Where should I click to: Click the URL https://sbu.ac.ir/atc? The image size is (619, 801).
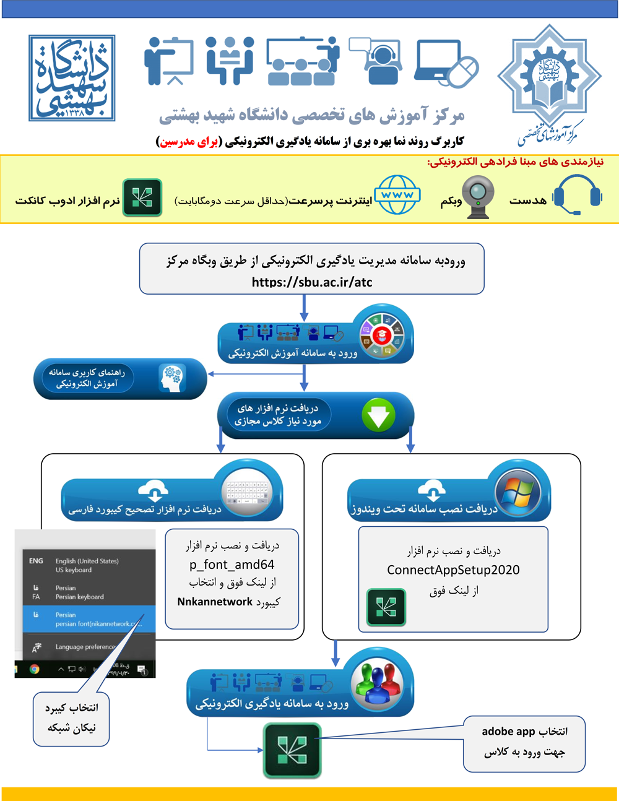click(312, 282)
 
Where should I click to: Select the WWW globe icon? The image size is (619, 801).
click(397, 194)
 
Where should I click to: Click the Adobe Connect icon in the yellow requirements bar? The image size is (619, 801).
click(142, 198)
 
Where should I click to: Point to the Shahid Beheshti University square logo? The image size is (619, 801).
click(72, 78)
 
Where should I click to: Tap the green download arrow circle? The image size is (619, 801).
click(378, 415)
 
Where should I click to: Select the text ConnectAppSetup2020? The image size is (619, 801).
click(453, 570)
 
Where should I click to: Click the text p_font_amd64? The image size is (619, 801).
click(232, 565)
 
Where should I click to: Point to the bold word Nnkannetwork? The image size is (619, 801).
click(215, 602)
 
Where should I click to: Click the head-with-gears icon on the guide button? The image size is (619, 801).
click(171, 378)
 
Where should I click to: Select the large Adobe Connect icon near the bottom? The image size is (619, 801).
click(292, 750)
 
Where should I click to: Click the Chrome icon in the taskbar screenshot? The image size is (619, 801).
click(35, 669)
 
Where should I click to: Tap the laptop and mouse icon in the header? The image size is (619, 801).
click(447, 64)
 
